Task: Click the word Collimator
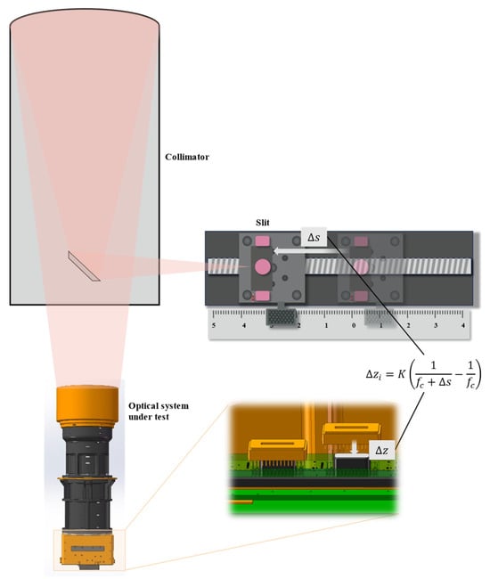[x=187, y=157]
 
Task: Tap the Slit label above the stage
[x=263, y=223]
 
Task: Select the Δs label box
[x=314, y=237]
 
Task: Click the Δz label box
[x=382, y=450]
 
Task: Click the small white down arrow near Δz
[x=355, y=447]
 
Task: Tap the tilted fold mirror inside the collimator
[x=84, y=266]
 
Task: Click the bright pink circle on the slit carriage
[x=263, y=266]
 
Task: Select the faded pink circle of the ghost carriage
[x=361, y=267]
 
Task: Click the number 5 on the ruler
[x=214, y=325]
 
